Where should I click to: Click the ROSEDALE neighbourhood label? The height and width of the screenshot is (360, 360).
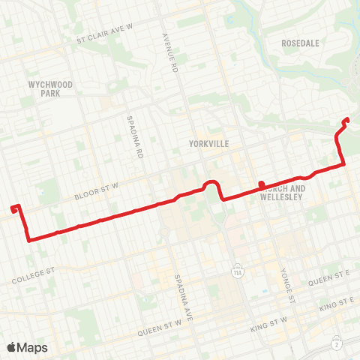coord(301,43)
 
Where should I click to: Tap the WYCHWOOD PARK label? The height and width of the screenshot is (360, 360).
coord(51,89)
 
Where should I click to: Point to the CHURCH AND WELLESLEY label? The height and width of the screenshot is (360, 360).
coord(283,193)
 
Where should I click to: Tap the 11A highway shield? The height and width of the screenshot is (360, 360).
coord(237,268)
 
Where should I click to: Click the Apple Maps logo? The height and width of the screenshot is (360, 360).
coord(27,347)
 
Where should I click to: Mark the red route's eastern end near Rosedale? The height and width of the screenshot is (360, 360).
coord(345,121)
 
